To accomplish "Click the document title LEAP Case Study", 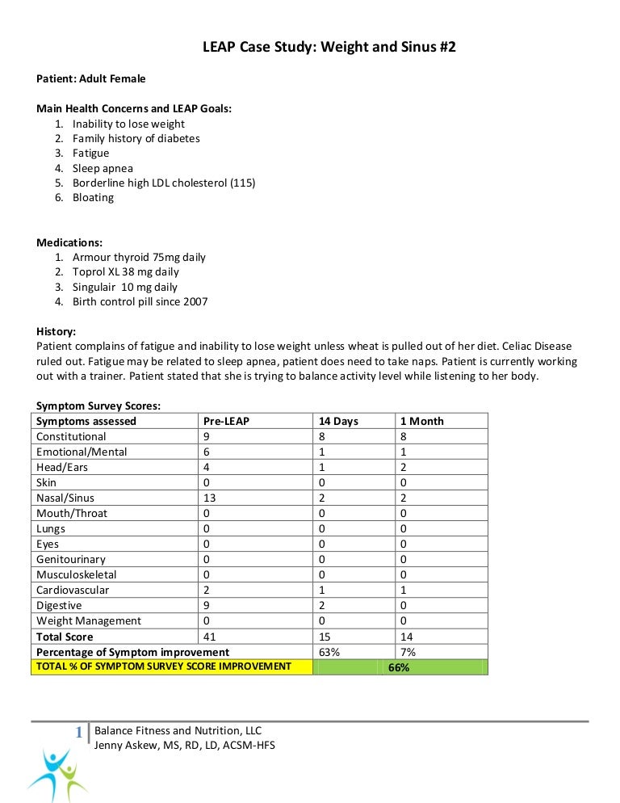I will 329,48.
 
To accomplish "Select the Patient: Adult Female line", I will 91,78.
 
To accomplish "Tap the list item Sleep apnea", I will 103,168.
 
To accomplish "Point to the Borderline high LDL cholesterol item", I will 163,183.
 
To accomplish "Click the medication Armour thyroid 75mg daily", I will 139,257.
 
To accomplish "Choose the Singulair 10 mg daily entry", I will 125,287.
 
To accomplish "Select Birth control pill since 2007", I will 140,301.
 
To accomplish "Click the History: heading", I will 57,331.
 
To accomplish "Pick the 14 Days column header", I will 338,421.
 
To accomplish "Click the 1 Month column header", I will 421,421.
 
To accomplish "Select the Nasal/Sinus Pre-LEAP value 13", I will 209,498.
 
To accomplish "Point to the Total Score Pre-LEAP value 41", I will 209,637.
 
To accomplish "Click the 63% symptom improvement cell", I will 329,652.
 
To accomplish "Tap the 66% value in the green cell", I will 399,667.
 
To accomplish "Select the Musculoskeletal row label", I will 77,574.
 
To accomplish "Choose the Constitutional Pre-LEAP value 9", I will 207,436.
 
